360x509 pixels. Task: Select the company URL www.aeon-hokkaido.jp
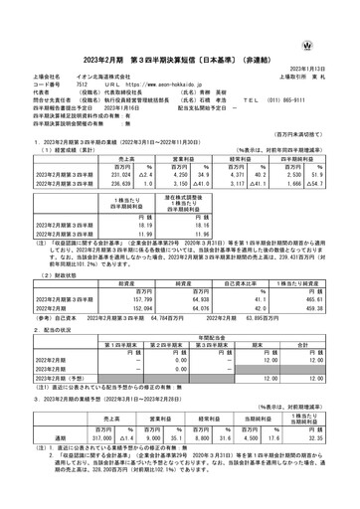(x=167, y=57)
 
